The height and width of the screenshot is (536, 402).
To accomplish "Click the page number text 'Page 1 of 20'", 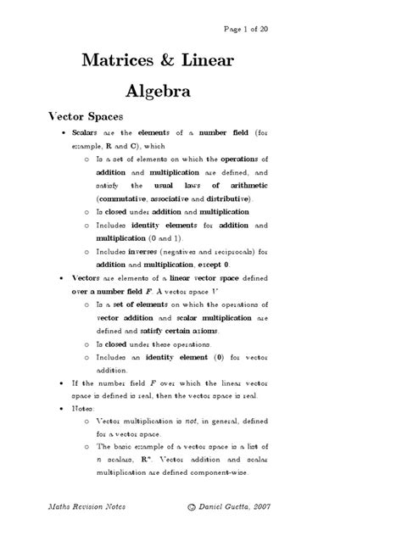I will pyautogui.click(x=246, y=28).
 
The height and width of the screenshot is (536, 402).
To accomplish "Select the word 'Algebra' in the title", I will pyautogui.click(x=158, y=90).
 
